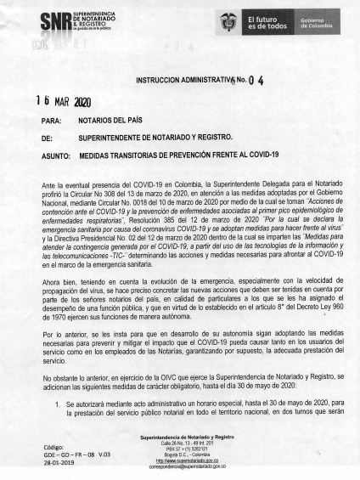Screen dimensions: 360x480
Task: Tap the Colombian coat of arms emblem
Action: click(x=227, y=22)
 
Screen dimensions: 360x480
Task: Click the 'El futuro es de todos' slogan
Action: click(x=264, y=22)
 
